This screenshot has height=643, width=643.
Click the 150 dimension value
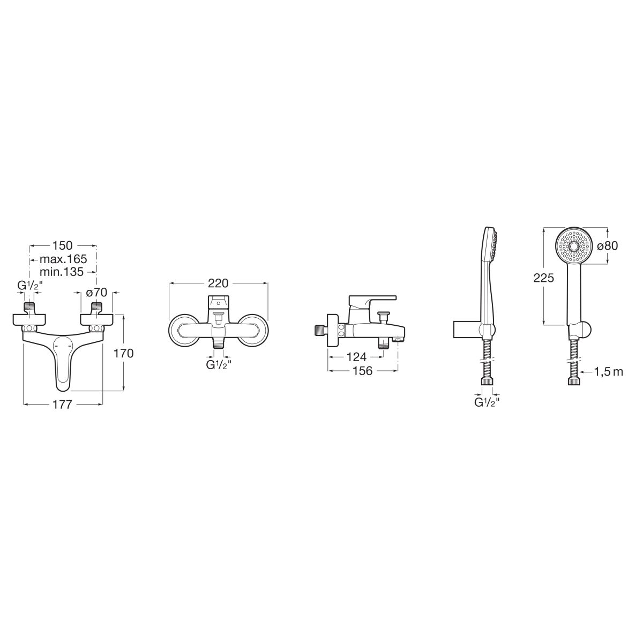point(62,245)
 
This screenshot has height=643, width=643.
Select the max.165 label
point(63,259)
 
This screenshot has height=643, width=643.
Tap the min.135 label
point(62,272)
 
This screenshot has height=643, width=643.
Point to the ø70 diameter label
point(96,293)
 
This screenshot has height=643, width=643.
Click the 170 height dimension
point(124,353)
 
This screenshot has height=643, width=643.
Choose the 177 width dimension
point(62,405)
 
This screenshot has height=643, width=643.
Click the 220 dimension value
point(218,283)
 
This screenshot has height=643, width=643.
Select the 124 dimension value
point(356,357)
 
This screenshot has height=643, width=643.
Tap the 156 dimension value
point(362,371)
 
